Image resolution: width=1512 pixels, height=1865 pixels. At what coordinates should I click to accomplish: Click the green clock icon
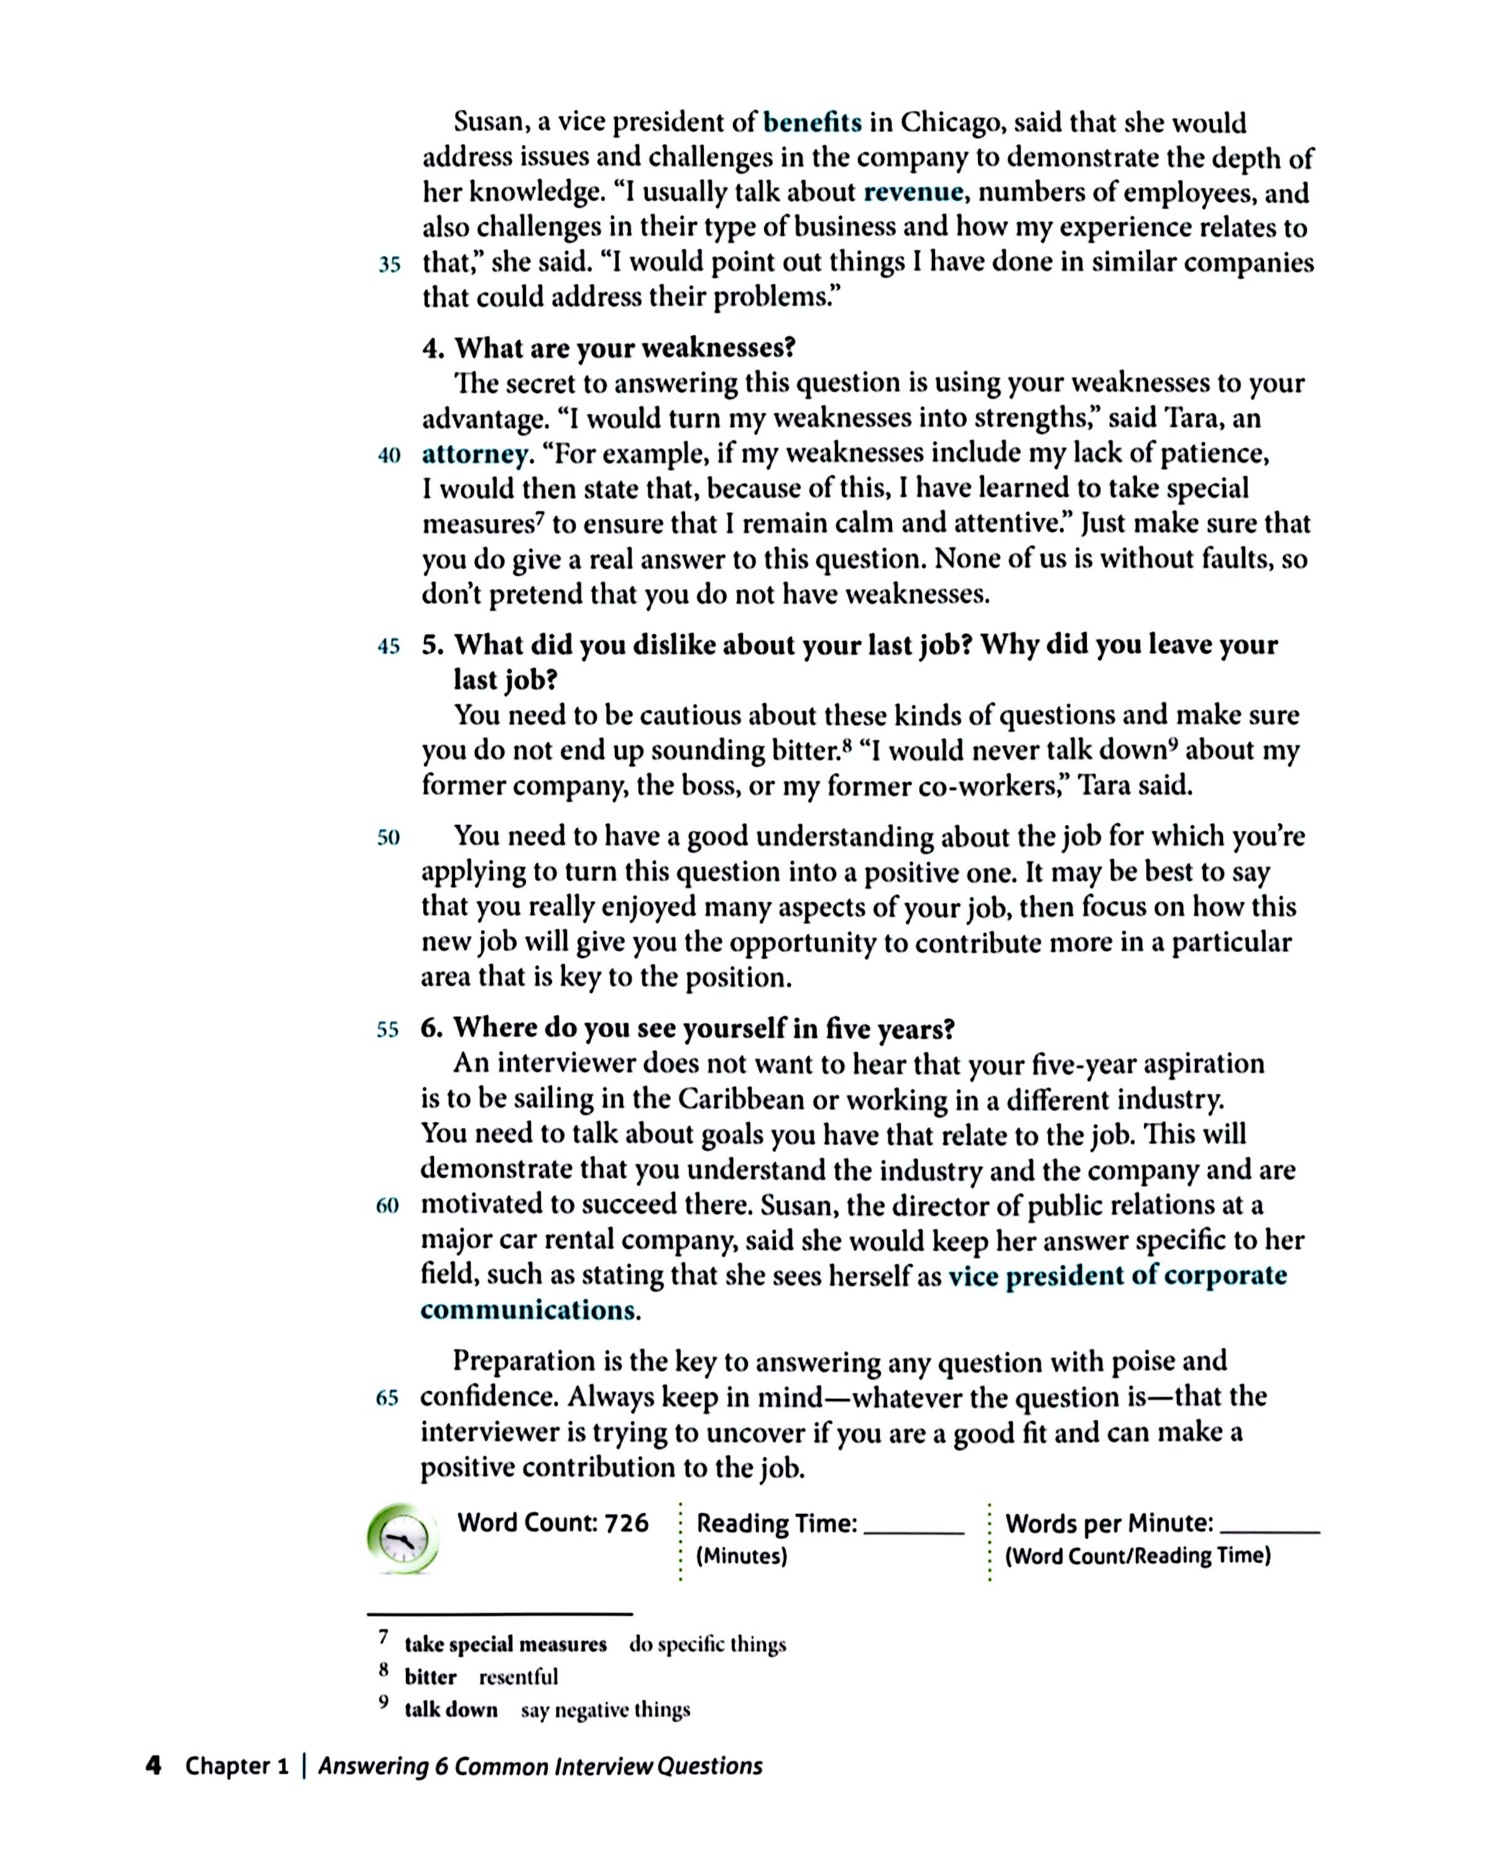pyautogui.click(x=402, y=1539)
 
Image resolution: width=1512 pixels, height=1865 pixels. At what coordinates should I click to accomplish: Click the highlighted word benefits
pyautogui.click(x=812, y=122)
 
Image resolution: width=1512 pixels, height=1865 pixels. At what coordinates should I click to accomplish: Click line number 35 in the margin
pyautogui.click(x=389, y=264)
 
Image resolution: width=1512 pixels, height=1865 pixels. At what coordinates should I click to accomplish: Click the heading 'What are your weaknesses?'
pyautogui.click(x=624, y=348)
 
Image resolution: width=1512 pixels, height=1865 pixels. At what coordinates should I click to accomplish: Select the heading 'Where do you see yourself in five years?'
pyautogui.click(x=704, y=1028)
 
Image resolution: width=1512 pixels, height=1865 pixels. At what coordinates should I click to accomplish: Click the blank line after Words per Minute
pyautogui.click(x=1270, y=1530)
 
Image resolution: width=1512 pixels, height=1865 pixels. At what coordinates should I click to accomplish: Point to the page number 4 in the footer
pyautogui.click(x=154, y=1766)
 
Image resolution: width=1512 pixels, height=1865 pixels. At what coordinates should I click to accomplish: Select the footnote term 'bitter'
pyautogui.click(x=430, y=1677)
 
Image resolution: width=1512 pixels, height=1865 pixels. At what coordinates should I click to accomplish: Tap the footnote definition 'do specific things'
pyautogui.click(x=708, y=1644)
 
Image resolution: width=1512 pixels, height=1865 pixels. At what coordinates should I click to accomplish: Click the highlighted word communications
pyautogui.click(x=528, y=1310)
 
